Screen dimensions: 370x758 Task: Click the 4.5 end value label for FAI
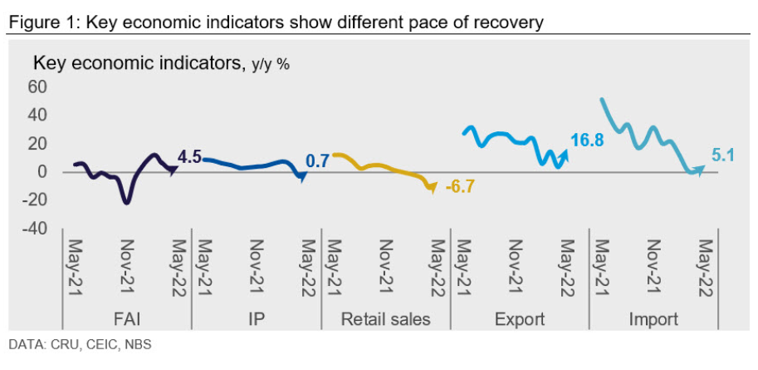[190, 156]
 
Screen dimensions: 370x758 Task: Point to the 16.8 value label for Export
[586, 141]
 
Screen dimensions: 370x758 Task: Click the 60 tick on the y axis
[38, 86]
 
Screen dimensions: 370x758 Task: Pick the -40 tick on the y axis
[36, 228]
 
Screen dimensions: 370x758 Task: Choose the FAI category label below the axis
[127, 319]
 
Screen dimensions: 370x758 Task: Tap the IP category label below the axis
[257, 319]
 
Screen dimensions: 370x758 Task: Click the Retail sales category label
[386, 319]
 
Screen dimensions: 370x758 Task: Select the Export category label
[520, 319]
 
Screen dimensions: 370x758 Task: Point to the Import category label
[653, 319]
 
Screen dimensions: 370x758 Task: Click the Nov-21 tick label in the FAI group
[128, 268]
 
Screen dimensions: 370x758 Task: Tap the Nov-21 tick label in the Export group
[515, 268]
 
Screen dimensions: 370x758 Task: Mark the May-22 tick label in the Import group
[707, 268]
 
